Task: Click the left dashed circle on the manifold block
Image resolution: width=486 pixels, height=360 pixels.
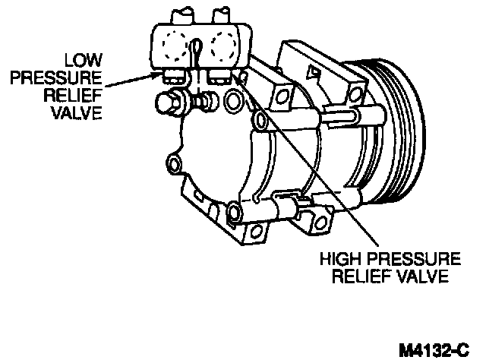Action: pyautogui.click(x=174, y=49)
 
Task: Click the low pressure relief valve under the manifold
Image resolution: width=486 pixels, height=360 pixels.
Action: pyautogui.click(x=171, y=76)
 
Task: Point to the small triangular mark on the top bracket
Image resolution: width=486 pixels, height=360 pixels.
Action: pyautogui.click(x=312, y=72)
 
